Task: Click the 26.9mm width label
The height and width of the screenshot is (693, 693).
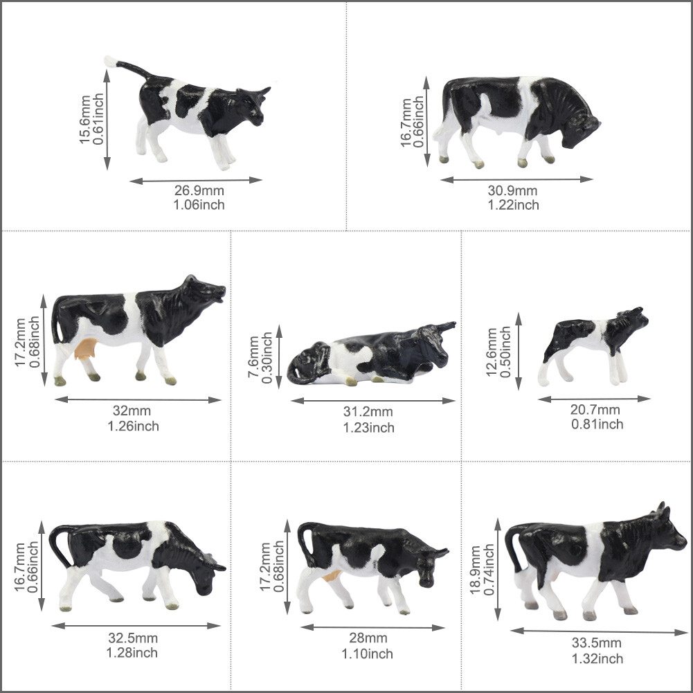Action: coord(199,191)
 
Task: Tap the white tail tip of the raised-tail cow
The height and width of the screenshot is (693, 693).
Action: coord(110,62)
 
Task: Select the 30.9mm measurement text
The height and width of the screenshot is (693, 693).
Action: coord(512,191)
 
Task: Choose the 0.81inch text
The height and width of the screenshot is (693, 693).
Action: coord(597,424)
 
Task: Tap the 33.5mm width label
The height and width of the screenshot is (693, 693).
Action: coord(596,643)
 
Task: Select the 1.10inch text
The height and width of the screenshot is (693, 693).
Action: coord(367,654)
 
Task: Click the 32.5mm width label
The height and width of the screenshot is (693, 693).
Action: coord(132,638)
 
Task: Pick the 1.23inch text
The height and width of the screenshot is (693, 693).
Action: coord(368,427)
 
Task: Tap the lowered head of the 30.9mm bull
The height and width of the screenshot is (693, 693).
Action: coord(580,132)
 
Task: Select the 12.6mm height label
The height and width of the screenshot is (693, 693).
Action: coord(492,352)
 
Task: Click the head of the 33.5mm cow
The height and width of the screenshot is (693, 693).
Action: coord(665,532)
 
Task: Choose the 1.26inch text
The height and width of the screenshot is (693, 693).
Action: coord(133,426)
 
